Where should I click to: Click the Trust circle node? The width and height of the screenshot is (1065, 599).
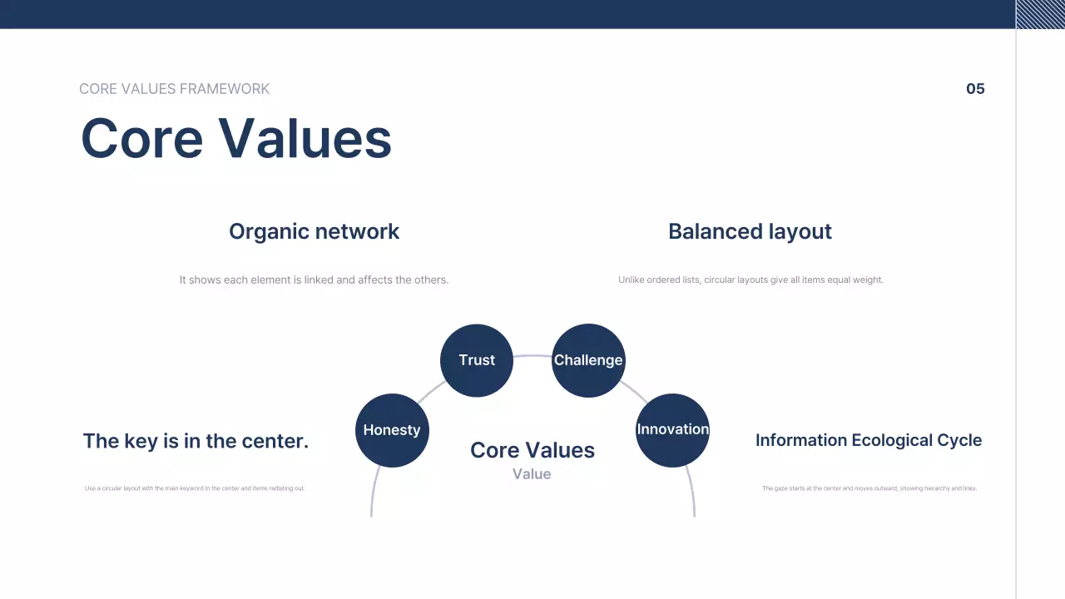click(477, 360)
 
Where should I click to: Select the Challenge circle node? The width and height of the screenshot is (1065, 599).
click(588, 360)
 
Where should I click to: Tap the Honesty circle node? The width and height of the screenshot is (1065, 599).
click(392, 430)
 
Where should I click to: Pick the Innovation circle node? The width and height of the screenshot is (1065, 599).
click(672, 430)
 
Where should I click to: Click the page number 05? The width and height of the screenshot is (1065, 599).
click(975, 89)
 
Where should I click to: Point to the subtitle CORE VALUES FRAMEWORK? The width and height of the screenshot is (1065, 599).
click(175, 89)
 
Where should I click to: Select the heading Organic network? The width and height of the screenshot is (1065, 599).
click(314, 231)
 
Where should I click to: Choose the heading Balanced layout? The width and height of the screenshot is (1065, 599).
click(750, 231)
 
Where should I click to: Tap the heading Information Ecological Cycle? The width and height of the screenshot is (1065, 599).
click(868, 440)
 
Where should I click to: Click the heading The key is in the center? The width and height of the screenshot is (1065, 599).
click(196, 441)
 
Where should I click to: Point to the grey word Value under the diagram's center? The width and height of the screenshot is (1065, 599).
click(532, 474)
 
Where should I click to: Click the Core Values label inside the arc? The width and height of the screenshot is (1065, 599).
click(532, 450)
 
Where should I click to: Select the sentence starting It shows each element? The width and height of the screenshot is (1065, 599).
click(314, 280)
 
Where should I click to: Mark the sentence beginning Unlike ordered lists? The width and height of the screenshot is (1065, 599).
click(750, 280)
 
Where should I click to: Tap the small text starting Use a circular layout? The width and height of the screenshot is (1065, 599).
click(195, 488)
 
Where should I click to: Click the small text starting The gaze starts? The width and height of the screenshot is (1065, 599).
click(869, 488)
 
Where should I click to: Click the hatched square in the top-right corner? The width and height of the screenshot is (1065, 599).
click(1040, 14)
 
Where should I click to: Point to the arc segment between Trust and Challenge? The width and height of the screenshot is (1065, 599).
click(532, 356)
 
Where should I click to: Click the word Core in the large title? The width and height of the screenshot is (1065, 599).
click(141, 138)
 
